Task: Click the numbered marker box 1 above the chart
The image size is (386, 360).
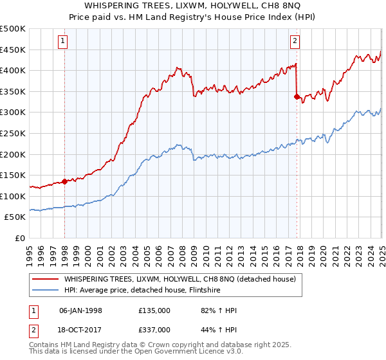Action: [x=63, y=42]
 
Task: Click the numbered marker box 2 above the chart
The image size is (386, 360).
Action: [x=295, y=42]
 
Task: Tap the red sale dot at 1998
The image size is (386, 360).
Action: [x=65, y=181]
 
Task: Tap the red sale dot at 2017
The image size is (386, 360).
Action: [x=297, y=96]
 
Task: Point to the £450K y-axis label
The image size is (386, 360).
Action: [x=13, y=50]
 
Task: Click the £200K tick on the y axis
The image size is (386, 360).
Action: [x=13, y=154]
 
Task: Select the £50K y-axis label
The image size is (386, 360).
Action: [x=15, y=217]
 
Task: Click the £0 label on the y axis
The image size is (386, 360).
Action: [x=21, y=239]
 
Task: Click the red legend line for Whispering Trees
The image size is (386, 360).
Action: [x=45, y=279]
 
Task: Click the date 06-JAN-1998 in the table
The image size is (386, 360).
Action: [x=80, y=310]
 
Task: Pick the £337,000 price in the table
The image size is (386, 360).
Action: [x=154, y=329]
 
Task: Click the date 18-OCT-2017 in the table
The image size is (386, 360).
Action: [x=80, y=329]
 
